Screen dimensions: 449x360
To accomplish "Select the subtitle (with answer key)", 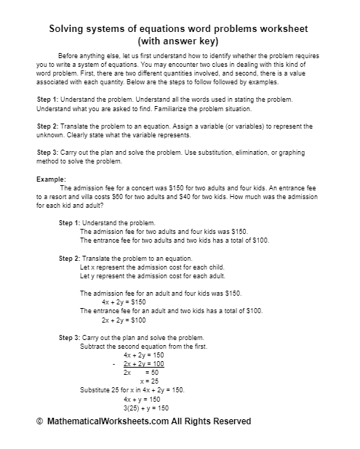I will tap(179, 41).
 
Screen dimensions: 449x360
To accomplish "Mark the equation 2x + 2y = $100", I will tap(124, 319).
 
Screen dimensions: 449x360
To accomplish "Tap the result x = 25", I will tap(150, 380).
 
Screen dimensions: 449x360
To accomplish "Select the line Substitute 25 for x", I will tap(133, 389).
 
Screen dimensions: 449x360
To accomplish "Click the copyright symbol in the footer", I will tap(40, 421).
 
